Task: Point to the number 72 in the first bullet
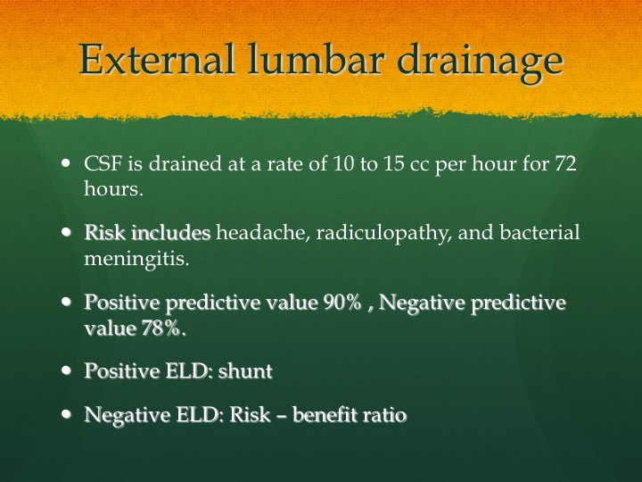coord(566,163)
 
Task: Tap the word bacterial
coord(539,232)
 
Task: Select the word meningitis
coord(136,260)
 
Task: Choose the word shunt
coord(245,371)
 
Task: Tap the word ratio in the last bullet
coord(391,415)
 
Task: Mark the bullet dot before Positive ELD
coord(66,370)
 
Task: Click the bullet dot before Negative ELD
coord(66,414)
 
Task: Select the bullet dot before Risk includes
coord(66,232)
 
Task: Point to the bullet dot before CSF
coord(66,163)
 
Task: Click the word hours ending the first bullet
coord(113,188)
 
